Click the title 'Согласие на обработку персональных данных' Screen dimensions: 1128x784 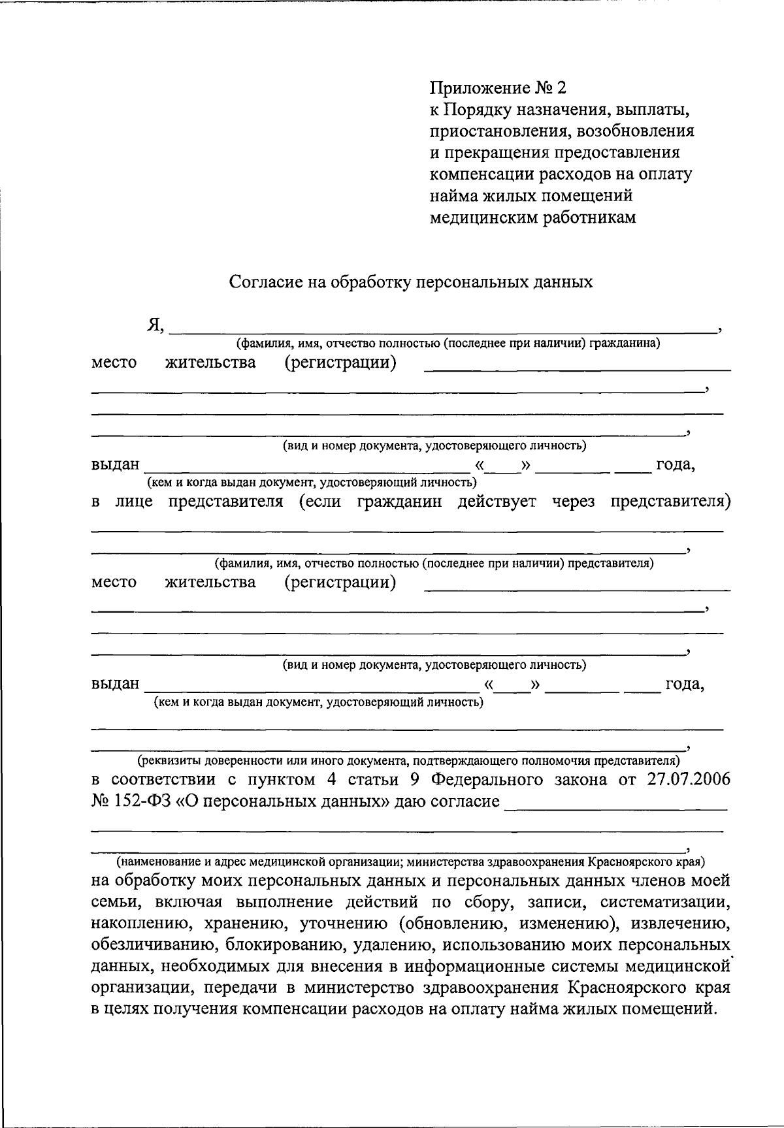pyautogui.click(x=411, y=282)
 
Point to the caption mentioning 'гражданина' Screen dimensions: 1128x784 pyautogui.click(x=448, y=344)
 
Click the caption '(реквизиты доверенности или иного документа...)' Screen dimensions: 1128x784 pyautogui.click(x=408, y=761)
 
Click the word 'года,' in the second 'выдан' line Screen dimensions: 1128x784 pyautogui.click(x=684, y=685)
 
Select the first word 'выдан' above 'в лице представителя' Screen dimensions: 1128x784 pyautogui.click(x=115, y=465)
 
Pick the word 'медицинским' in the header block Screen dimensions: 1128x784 pyautogui.click(x=484, y=218)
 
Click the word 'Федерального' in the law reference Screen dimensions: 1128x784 pyautogui.click(x=489, y=780)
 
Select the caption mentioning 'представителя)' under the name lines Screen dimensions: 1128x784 pyautogui.click(x=434, y=563)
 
